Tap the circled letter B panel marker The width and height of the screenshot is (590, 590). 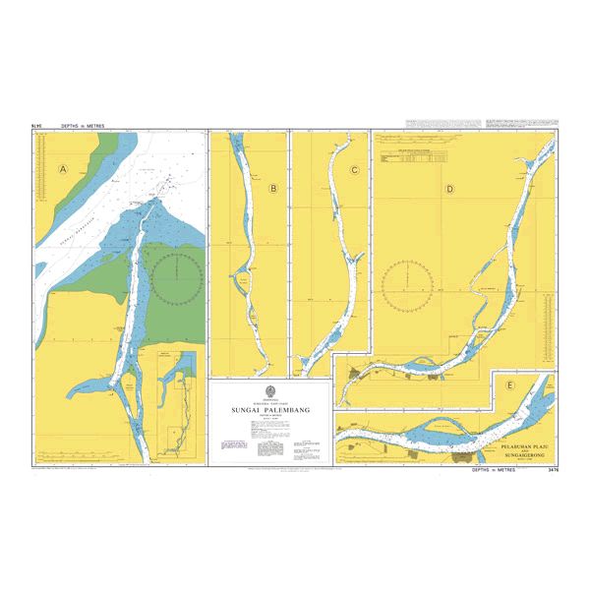click(273, 188)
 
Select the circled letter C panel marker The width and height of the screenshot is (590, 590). click(354, 171)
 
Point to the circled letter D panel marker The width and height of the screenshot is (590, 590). click(449, 189)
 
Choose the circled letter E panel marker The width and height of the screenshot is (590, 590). click(509, 385)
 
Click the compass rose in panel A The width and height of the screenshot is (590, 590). click(174, 280)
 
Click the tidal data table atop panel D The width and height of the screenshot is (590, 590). click(413, 155)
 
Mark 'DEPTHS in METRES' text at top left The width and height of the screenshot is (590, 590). click(82, 126)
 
